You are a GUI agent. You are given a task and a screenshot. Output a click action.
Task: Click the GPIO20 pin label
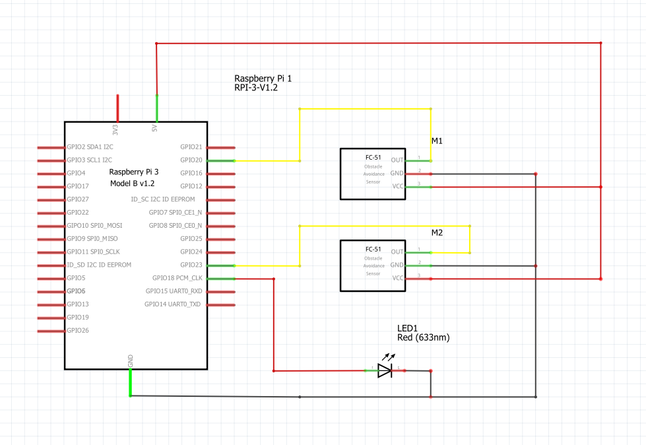tap(191, 160)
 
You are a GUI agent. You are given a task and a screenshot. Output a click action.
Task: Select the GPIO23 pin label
tap(191, 265)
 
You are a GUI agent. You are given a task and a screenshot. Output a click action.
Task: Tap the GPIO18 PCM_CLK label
tap(177, 278)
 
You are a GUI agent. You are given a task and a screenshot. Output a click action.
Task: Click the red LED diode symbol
tap(385, 370)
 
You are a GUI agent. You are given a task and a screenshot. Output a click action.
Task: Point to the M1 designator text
tap(437, 141)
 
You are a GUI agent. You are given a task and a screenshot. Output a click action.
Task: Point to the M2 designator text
tap(437, 234)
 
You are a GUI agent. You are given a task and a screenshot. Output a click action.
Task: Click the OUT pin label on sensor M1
tap(397, 160)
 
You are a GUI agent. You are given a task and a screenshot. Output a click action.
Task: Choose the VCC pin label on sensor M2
tap(397, 278)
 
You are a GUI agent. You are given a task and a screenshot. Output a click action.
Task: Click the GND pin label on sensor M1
tap(397, 173)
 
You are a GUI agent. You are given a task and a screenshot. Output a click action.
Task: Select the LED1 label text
tap(408, 328)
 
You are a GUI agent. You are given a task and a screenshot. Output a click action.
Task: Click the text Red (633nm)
tap(423, 337)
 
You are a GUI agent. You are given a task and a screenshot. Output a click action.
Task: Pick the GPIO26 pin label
tap(78, 330)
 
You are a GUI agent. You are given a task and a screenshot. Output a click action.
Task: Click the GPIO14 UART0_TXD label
tap(173, 304)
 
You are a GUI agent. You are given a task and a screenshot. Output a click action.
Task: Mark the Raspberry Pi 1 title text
tap(263, 78)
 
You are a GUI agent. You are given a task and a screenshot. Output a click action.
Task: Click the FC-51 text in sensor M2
tap(373, 249)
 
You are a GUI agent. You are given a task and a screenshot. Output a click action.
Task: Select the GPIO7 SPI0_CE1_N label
tap(175, 212)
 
